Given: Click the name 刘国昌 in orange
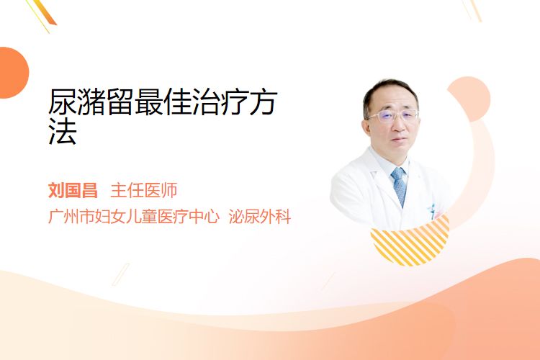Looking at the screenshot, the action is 73,191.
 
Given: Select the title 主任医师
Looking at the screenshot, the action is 144,191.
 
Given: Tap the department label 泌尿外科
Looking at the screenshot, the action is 260,216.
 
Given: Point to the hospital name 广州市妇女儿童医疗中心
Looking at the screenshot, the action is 134,216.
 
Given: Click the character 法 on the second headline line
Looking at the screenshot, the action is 63,130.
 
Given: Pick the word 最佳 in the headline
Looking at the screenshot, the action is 163,102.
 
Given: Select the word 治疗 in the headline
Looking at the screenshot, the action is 220,102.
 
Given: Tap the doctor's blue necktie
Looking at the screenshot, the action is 400,186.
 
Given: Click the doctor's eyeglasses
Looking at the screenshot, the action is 392,116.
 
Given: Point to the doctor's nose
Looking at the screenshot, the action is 398,126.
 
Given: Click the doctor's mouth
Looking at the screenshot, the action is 400,140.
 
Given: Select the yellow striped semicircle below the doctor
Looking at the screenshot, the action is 410,241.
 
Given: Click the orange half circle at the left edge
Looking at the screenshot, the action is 14,73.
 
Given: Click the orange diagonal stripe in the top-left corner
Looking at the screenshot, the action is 43,13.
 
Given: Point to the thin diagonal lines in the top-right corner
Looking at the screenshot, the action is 472,10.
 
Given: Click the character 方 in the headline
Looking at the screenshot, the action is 264,102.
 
